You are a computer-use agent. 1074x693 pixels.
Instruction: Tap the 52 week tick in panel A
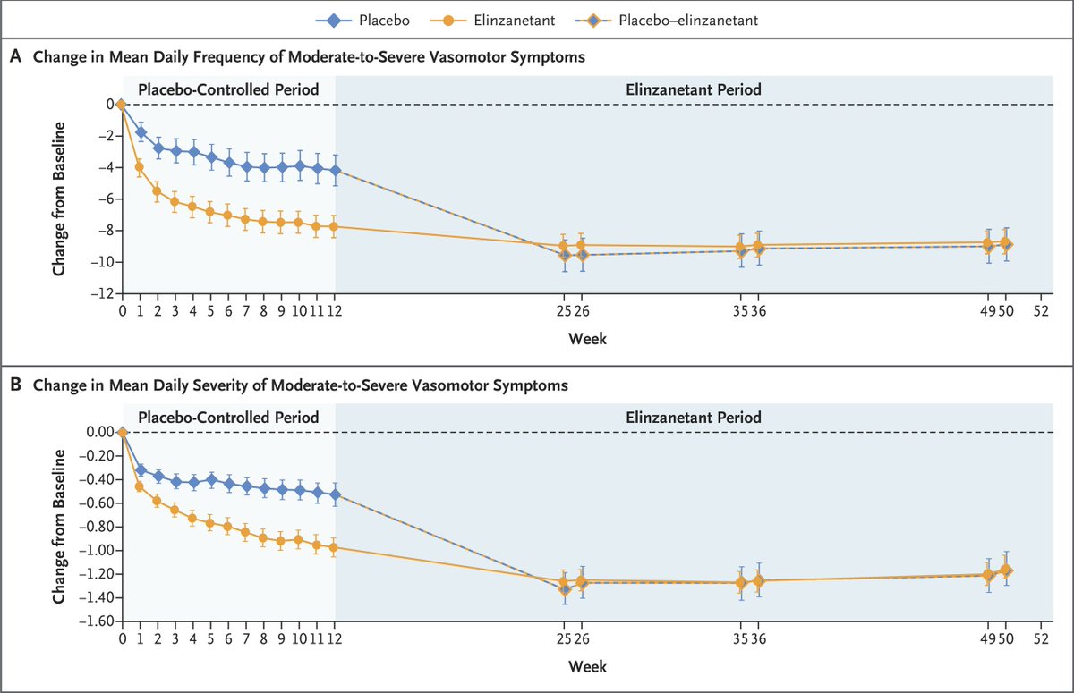tap(1039, 312)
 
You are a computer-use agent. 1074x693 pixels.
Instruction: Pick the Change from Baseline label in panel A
tap(58, 198)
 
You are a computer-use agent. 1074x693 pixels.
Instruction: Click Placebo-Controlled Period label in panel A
tap(228, 89)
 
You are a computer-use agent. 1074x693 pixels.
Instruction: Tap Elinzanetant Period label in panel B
tap(694, 418)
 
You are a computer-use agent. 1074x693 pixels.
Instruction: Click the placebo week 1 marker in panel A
tap(141, 131)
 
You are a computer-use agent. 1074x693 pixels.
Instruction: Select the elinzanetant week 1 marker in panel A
tap(140, 166)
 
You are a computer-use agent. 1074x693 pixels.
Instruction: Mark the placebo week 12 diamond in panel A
tap(336, 170)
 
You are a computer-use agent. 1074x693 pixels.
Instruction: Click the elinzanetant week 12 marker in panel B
tap(336, 547)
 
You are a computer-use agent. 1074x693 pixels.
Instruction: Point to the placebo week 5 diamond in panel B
tap(211, 479)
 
